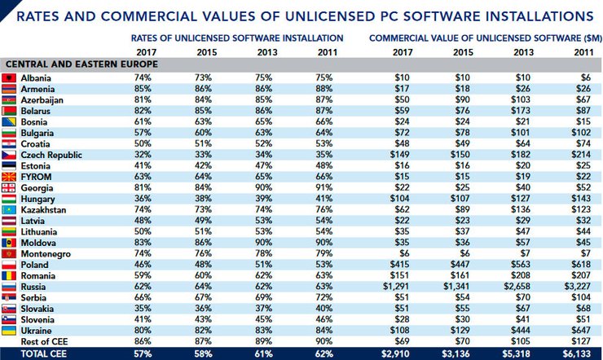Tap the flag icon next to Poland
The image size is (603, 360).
tap(10, 265)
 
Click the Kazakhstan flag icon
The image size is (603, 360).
tap(10, 209)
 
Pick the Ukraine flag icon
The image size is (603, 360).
tap(10, 332)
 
